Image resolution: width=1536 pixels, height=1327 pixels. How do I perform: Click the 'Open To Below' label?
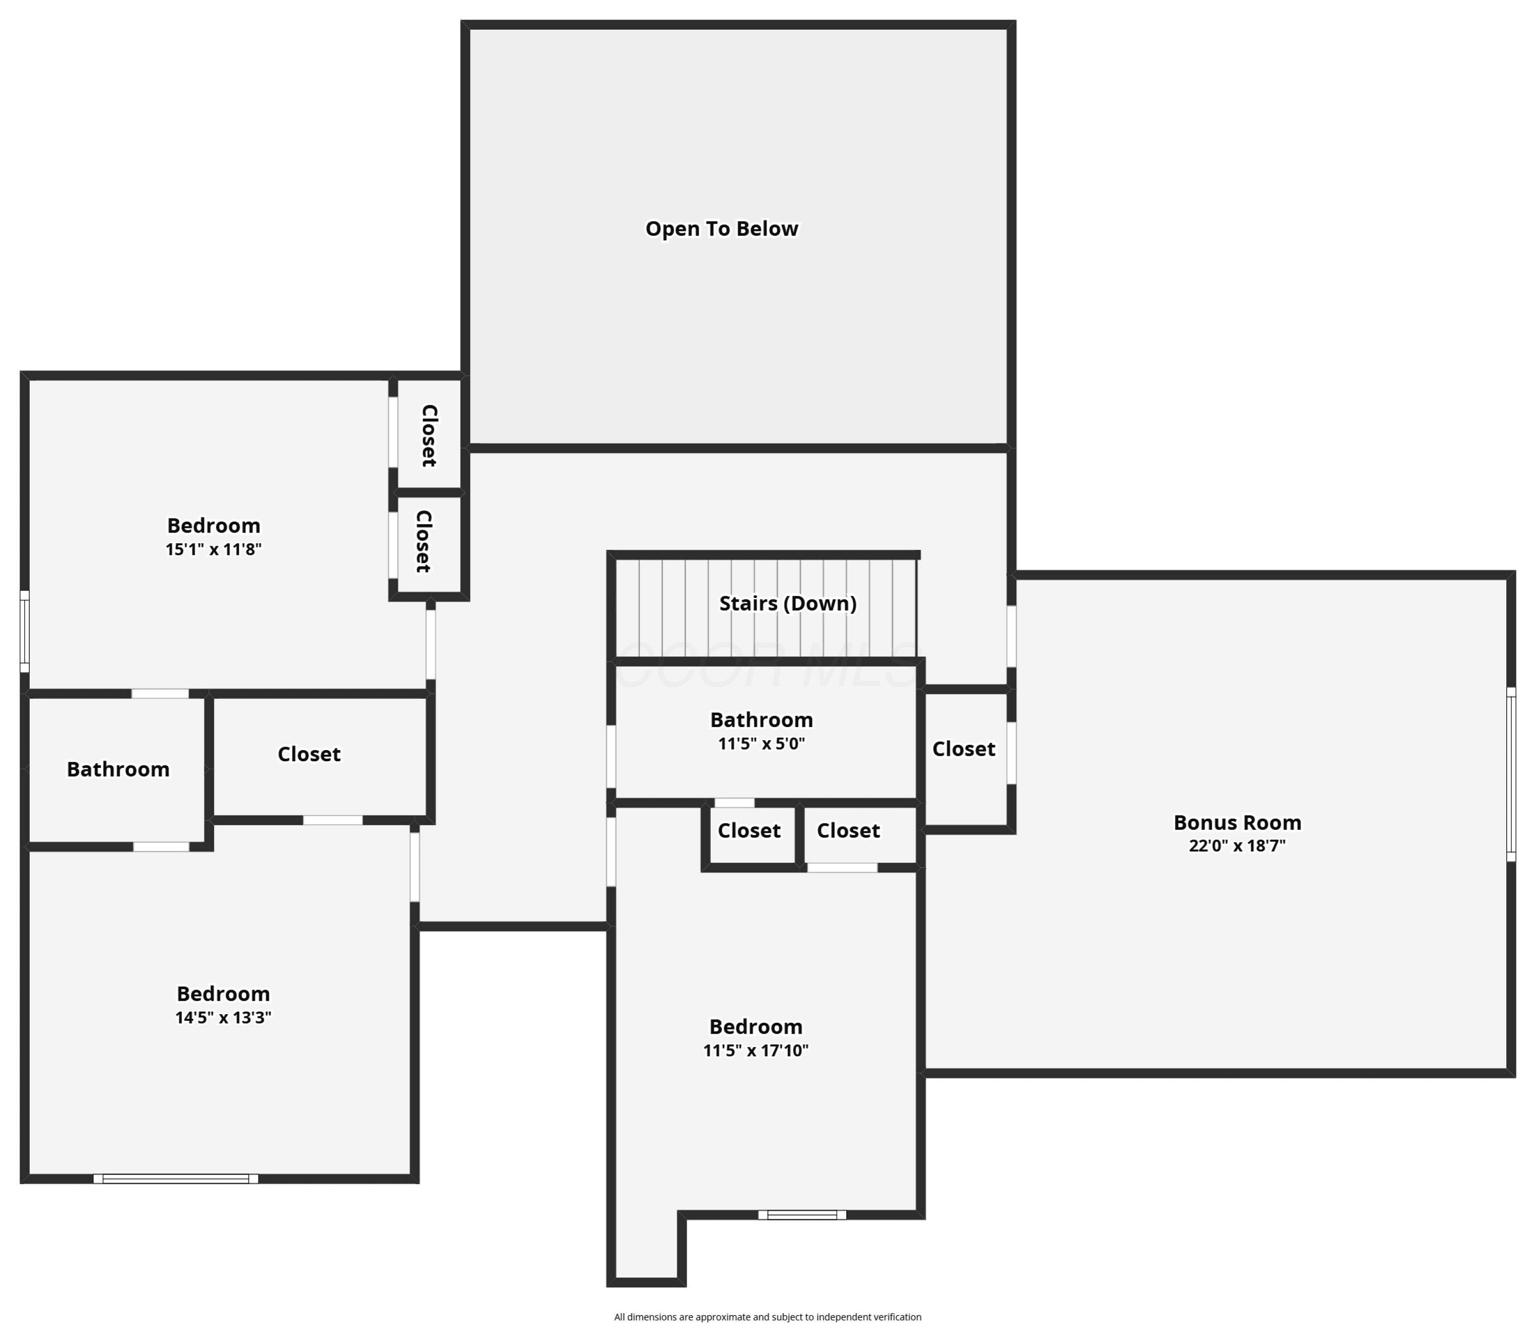721,228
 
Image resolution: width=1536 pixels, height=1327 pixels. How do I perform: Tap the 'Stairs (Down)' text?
787,604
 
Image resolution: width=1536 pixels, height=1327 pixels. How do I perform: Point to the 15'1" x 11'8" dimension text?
214,549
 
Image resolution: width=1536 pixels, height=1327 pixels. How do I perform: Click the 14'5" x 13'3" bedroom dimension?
223,1017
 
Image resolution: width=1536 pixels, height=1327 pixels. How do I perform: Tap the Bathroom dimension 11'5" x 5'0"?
761,743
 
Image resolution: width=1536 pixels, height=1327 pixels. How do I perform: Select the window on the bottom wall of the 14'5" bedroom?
176,1179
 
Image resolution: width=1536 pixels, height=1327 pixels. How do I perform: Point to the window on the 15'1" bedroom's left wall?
25,632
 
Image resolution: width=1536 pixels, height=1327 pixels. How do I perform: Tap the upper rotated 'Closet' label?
429,435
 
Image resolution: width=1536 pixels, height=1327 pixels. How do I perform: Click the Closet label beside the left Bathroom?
309,754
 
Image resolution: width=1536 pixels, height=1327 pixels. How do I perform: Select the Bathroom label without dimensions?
118,769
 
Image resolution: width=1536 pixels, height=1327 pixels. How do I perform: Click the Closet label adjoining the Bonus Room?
964,749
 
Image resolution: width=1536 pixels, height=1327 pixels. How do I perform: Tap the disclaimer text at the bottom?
767,1317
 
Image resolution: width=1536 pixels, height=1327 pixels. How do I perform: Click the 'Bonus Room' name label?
1238,822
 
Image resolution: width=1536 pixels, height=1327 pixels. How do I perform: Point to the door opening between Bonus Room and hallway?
1011,636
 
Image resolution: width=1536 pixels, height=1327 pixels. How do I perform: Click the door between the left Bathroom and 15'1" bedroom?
160,694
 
